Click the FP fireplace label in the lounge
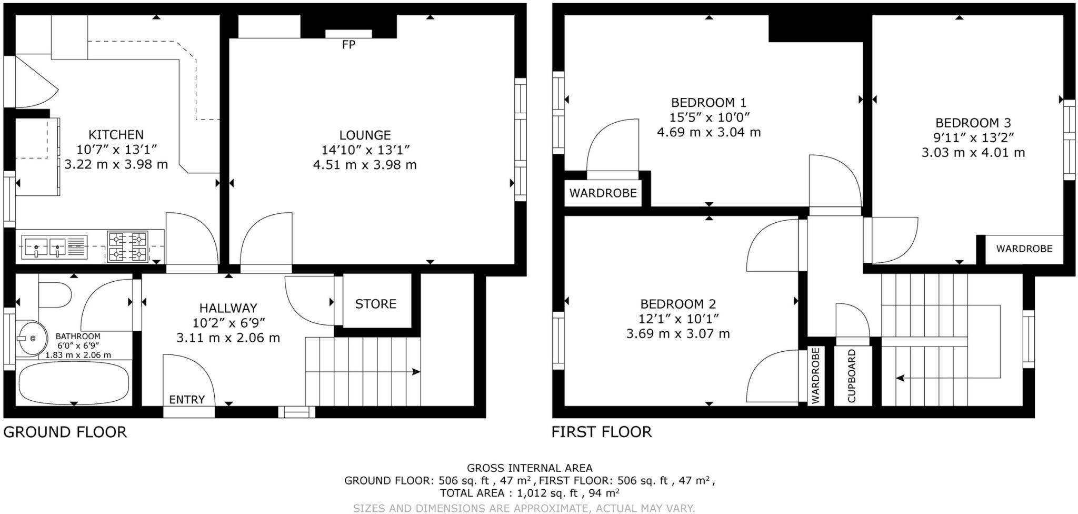348,45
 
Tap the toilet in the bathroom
55,295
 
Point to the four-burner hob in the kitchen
127,246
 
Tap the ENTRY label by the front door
187,400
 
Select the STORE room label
375,304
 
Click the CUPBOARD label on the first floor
852,376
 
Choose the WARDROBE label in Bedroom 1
603,193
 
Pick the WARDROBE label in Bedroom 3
1024,249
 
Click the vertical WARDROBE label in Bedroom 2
815,376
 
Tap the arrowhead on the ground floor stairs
416,372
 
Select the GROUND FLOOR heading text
65,432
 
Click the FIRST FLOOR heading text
602,432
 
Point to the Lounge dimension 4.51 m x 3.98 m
365,165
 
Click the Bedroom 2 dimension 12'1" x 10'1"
678,319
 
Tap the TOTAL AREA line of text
530,493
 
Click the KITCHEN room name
116,135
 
